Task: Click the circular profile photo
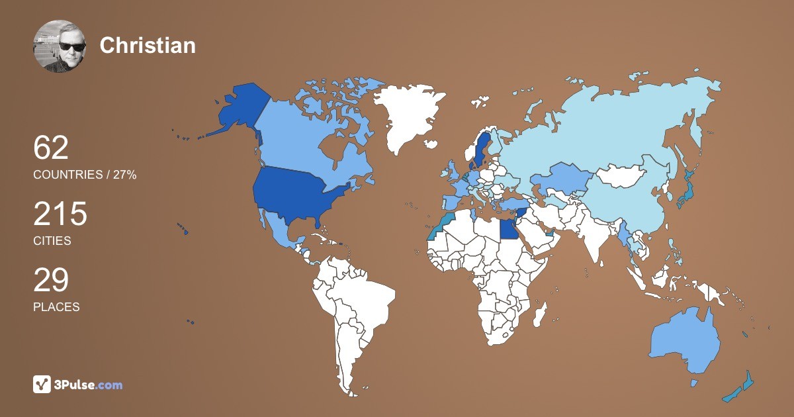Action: (60, 46)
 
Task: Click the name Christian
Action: (148, 45)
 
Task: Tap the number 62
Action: (51, 148)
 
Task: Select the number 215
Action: (60, 214)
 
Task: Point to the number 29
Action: (51, 280)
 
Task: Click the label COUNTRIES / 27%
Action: (85, 175)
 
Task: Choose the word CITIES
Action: (52, 241)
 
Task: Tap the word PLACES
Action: (56, 307)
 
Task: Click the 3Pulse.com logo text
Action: (88, 385)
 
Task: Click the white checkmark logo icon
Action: (42, 385)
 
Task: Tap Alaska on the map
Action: (238, 109)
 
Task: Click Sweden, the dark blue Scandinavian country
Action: (480, 149)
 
